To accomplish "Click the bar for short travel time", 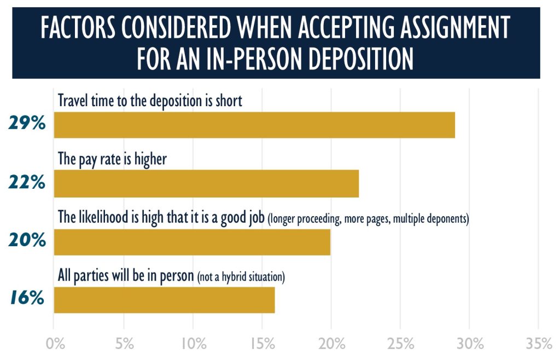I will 254,125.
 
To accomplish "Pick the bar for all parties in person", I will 164,300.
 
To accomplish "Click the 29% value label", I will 26,124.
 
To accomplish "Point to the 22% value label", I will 26,182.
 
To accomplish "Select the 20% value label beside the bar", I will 26,240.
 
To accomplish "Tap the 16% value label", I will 26,299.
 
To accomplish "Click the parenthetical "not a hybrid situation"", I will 241,277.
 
